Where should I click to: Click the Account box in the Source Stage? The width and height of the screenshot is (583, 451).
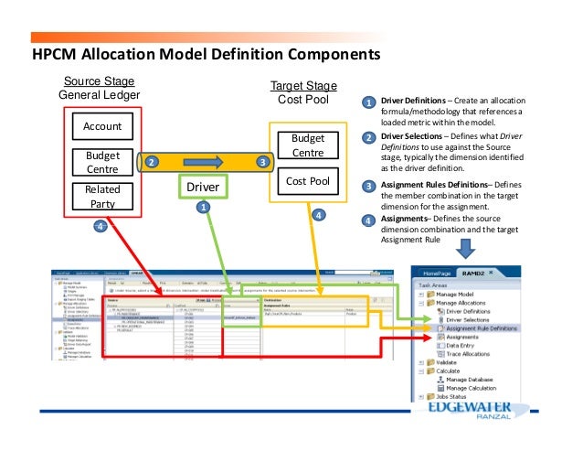coord(101,125)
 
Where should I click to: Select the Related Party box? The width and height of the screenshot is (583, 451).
coord(101,196)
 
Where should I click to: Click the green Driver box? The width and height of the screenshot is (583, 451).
coord(202,188)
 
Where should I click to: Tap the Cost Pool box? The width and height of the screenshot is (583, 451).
coord(307,181)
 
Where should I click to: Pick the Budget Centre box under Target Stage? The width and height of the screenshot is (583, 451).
coord(307,145)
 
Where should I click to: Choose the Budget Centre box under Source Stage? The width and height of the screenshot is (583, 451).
coord(101,162)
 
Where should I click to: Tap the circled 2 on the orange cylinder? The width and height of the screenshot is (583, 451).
coord(151,162)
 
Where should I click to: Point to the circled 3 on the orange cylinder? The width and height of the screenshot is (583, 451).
coord(262,162)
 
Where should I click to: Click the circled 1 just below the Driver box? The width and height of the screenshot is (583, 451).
coord(203,208)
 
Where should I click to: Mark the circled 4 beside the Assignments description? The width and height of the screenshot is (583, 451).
coord(367,220)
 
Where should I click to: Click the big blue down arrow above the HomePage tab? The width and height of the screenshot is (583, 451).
coord(464,248)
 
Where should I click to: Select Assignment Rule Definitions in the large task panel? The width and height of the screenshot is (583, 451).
coord(482,328)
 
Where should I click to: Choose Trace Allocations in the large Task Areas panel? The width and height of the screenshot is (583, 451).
coord(471,353)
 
